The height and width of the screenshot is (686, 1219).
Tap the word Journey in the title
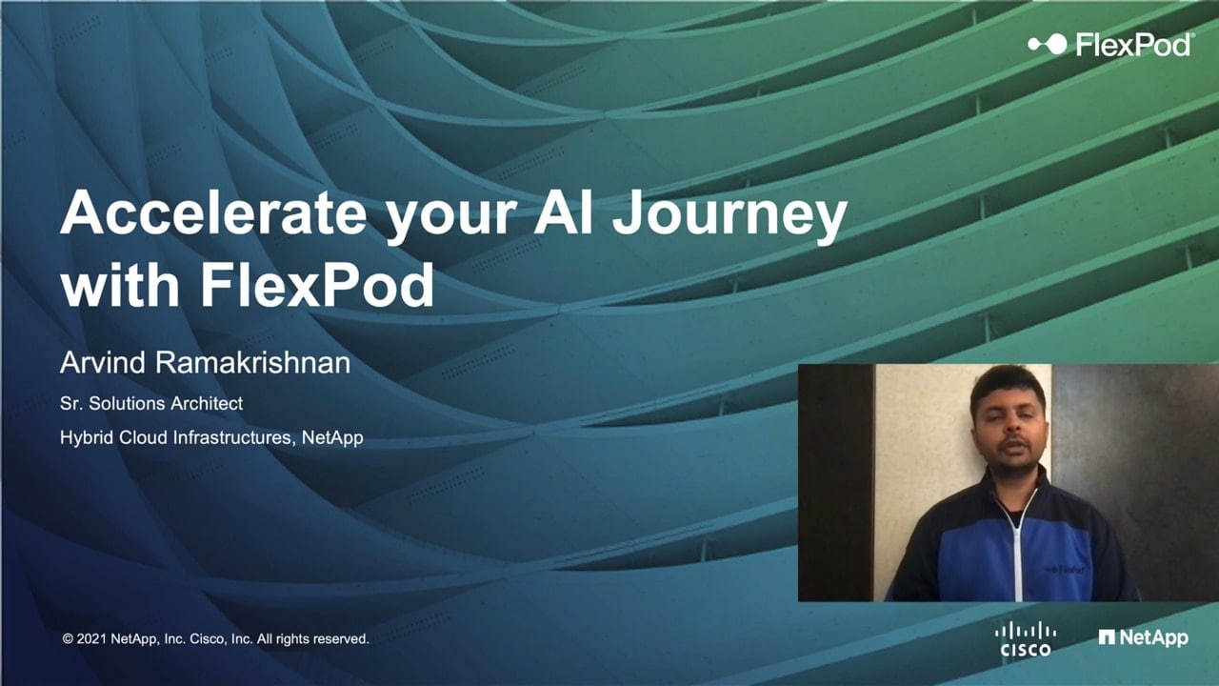click(729, 216)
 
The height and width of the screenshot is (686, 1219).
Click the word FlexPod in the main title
click(318, 284)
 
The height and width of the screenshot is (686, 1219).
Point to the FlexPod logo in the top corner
click(1110, 44)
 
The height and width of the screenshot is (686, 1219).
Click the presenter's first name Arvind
click(103, 363)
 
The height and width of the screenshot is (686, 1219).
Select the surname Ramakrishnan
click(252, 363)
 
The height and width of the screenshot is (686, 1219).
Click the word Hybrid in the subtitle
click(87, 438)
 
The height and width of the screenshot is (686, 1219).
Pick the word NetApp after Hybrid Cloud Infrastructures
click(332, 438)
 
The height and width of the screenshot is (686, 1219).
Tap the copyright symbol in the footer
click(68, 638)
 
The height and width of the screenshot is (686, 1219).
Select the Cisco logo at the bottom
click(1026, 638)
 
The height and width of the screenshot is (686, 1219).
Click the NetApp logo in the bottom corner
click(1143, 638)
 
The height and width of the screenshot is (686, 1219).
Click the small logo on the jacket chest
click(1066, 570)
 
